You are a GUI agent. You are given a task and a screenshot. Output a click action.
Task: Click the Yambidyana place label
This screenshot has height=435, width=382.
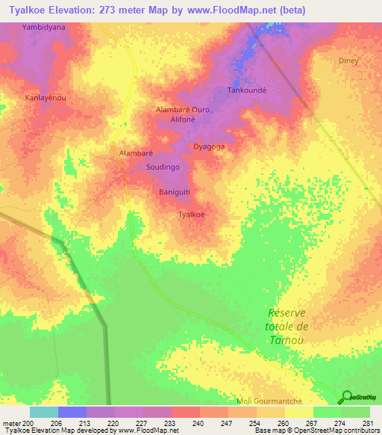click(x=44, y=26)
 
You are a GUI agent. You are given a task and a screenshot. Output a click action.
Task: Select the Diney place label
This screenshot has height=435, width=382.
click(x=348, y=61)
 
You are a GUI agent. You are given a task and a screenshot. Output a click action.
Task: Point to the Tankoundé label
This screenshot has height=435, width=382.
click(x=247, y=90)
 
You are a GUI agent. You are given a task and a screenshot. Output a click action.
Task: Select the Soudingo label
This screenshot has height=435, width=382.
click(x=162, y=168)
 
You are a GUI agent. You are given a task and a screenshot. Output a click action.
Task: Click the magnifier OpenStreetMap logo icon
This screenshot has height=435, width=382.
click(x=347, y=398)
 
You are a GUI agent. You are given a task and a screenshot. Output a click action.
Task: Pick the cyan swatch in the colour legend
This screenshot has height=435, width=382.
click(x=43, y=412)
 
